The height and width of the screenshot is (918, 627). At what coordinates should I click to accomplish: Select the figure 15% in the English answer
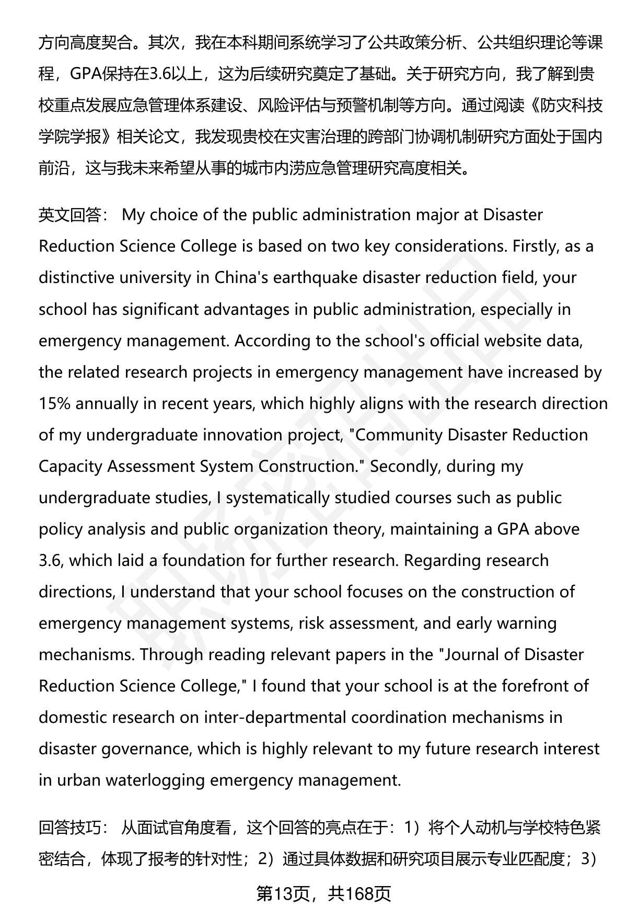point(55,403)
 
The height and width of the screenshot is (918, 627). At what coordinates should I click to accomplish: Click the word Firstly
point(536,246)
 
